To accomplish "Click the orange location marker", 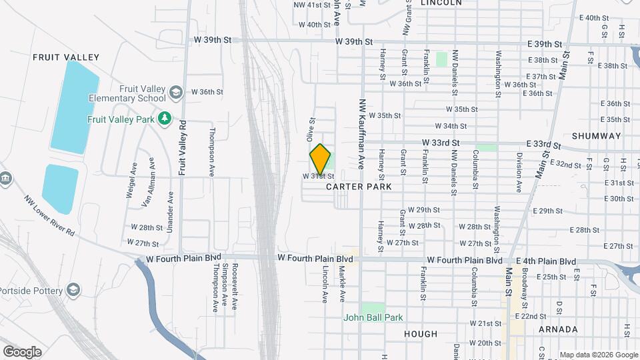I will click(321, 159).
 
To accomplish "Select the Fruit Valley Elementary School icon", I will click(176, 92).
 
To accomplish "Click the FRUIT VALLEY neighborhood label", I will click(66, 57).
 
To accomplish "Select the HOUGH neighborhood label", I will click(421, 334).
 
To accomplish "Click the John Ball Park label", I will click(373, 318).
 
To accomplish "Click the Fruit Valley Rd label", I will click(181, 147).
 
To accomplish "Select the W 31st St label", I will click(318, 177).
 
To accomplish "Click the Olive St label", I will click(310, 129).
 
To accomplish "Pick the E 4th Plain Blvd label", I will click(546, 261).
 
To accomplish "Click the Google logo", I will click(22, 351).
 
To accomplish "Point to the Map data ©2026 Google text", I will click(599, 355).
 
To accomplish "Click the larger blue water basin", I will click(74, 105).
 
